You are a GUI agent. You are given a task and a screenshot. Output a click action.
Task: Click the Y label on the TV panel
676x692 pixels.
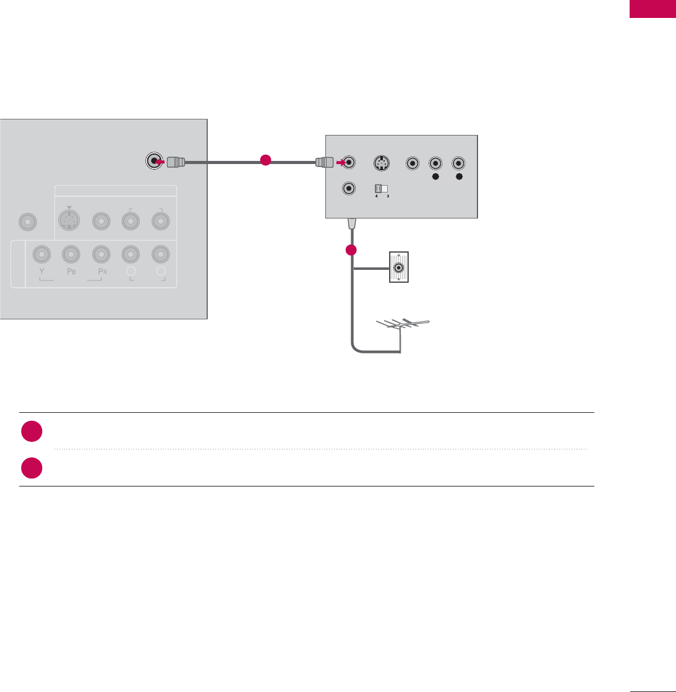click(41, 272)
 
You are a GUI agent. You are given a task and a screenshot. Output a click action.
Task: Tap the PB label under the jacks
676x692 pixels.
click(71, 272)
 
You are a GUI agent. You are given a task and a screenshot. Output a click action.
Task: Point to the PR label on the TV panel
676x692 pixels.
click(101, 272)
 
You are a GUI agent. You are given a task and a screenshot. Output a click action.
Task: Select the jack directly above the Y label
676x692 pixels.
click(41, 253)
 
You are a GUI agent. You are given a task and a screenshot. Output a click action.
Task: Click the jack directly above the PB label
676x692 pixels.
click(71, 253)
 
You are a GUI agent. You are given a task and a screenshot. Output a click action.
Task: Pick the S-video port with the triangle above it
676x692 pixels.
click(69, 220)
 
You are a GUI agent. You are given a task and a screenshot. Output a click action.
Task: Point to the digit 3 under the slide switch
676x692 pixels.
click(387, 197)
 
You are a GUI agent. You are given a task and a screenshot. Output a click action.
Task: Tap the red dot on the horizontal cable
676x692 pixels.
click(265, 160)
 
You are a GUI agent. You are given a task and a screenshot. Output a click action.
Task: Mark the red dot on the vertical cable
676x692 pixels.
click(352, 251)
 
